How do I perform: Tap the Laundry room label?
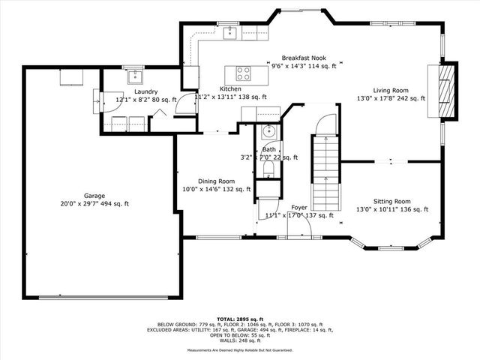[145, 91]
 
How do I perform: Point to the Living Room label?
[391, 89]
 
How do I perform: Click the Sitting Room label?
[391, 201]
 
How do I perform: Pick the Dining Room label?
[216, 181]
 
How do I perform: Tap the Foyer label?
[298, 207]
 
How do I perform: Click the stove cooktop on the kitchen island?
[244, 73]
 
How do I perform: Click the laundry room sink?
[134, 75]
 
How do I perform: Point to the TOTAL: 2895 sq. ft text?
[240, 319]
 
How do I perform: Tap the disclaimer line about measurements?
[240, 350]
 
